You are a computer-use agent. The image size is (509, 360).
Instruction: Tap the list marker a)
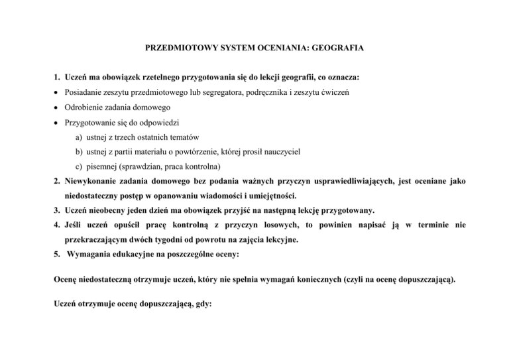[80, 137]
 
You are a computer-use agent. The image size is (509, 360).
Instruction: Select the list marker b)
[80, 152]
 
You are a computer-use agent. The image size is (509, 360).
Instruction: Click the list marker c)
[80, 166]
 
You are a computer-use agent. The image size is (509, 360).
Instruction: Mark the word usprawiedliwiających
[345, 182]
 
